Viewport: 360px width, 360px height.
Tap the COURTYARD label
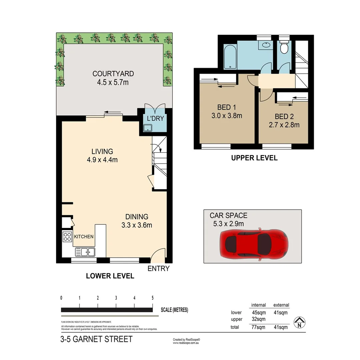tap(109, 74)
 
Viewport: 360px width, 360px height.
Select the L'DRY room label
tap(153, 118)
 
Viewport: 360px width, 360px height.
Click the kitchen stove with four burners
tap(67, 237)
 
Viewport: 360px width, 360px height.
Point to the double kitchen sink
tap(85, 252)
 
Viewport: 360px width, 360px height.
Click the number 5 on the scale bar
tap(152, 298)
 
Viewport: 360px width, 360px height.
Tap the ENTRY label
tap(159, 269)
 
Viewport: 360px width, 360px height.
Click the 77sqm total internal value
tap(258, 327)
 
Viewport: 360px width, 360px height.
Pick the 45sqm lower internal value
tap(258, 313)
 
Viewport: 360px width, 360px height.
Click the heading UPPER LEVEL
tap(254, 158)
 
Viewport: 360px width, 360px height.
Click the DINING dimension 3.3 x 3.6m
tap(137, 225)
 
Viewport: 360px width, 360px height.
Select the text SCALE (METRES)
tap(174, 310)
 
